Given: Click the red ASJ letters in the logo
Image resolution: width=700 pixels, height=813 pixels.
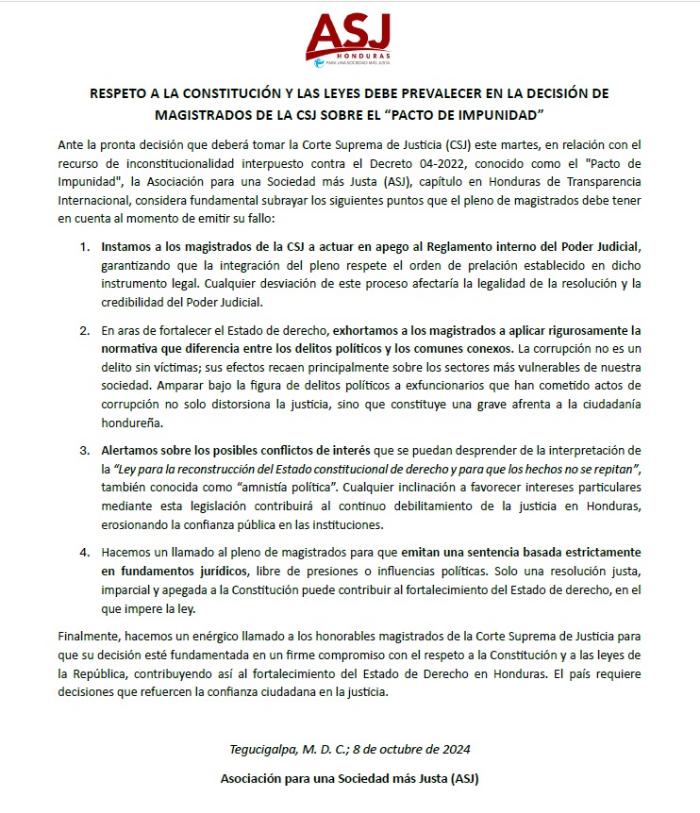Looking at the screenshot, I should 348,34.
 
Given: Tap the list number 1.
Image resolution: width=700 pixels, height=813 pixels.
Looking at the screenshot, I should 84,246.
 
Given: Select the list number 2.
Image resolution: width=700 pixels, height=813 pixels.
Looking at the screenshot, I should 84,331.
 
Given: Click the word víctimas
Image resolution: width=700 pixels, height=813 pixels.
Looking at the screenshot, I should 165,367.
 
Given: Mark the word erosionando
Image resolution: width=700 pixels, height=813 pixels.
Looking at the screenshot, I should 137,524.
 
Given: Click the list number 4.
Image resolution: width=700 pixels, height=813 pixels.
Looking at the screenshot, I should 84,552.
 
